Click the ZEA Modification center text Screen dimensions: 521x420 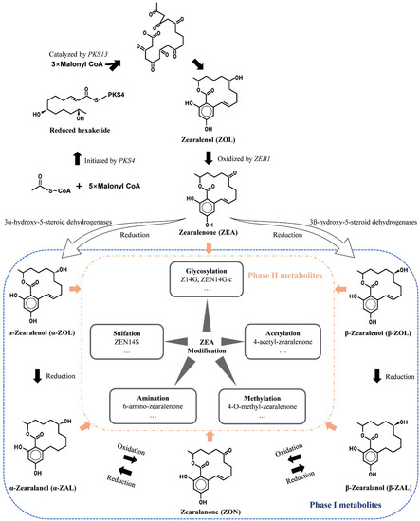click(210, 349)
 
